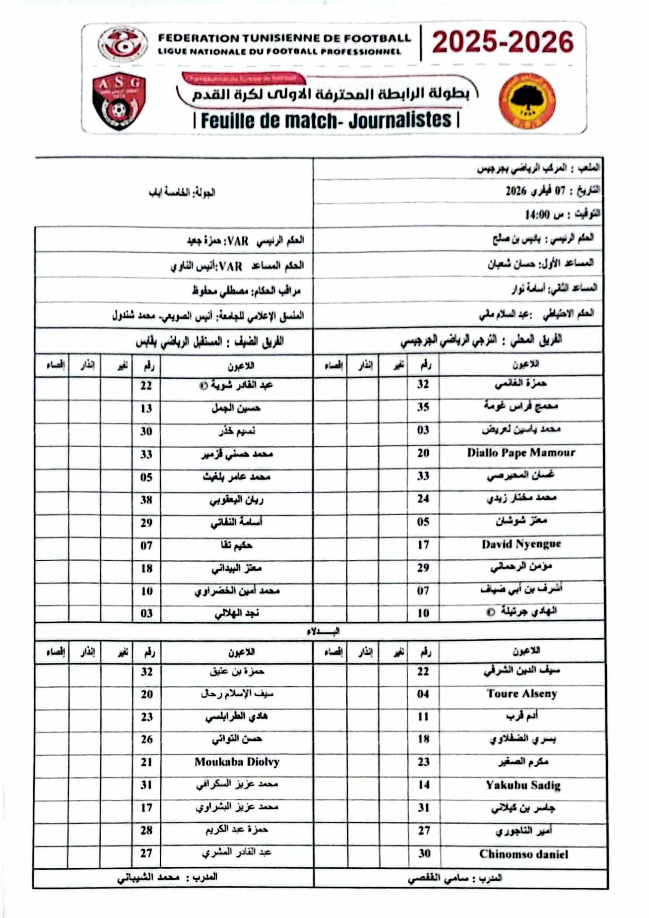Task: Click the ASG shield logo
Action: (x=119, y=100)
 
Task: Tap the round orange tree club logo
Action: (x=527, y=101)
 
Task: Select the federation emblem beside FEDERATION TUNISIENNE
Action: (x=122, y=44)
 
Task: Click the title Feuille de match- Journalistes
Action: (x=326, y=121)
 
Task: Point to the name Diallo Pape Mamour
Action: (x=521, y=453)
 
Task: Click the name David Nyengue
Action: (x=521, y=544)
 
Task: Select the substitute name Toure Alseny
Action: (x=522, y=694)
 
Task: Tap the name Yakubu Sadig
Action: (x=523, y=785)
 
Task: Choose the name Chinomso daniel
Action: (x=523, y=854)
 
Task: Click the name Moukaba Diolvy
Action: (x=237, y=762)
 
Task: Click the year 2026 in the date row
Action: (x=516, y=191)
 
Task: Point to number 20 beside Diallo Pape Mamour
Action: (x=423, y=453)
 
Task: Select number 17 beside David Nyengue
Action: (x=423, y=545)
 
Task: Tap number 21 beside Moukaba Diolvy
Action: (x=147, y=762)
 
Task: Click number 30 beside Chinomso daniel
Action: (x=424, y=853)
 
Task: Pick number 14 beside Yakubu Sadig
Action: (x=424, y=785)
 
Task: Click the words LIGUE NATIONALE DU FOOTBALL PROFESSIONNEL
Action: (x=279, y=52)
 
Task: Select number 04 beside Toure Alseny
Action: (x=423, y=694)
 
